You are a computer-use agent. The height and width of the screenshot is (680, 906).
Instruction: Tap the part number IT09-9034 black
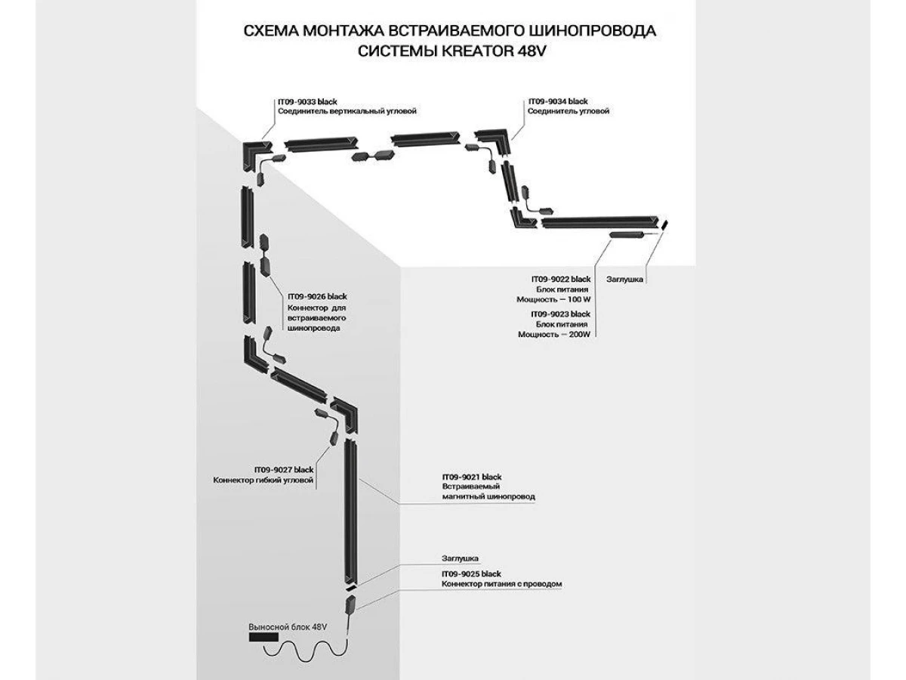(x=558, y=100)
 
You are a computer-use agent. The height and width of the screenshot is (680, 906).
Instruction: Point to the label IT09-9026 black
(x=317, y=297)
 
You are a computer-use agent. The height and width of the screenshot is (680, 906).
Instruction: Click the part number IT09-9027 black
(x=283, y=470)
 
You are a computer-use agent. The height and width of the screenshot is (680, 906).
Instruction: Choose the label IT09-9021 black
(x=472, y=478)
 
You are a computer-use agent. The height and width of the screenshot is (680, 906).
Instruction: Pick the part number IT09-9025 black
(x=472, y=574)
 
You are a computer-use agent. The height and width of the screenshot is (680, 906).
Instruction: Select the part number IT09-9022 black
(x=560, y=280)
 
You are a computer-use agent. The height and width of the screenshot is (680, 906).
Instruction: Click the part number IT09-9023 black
(x=560, y=314)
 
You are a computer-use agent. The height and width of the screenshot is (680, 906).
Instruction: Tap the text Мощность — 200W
(x=553, y=334)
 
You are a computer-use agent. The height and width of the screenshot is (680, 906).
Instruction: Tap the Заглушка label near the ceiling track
(x=625, y=280)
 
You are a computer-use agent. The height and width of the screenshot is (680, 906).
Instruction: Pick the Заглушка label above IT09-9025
(x=460, y=558)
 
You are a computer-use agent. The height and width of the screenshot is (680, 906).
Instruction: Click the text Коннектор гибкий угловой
(x=263, y=481)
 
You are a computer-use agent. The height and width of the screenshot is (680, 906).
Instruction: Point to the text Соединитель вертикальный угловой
(x=347, y=111)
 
